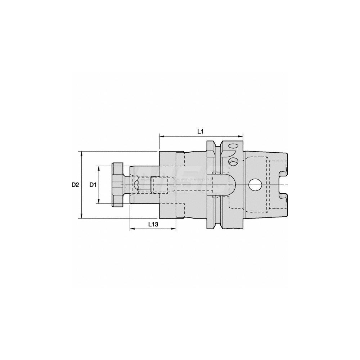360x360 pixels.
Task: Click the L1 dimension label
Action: (201, 132)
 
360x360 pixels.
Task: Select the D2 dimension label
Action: (75, 185)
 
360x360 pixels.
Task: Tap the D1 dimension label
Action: (93, 185)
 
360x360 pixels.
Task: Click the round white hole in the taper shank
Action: (255, 184)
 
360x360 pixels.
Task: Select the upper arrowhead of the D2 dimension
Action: (82, 153)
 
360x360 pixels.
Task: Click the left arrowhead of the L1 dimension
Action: (161, 136)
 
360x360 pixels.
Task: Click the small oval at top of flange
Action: (233, 146)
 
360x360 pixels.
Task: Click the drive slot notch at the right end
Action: (283, 184)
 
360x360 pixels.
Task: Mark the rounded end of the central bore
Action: (232, 184)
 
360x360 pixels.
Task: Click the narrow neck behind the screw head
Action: (127, 185)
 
